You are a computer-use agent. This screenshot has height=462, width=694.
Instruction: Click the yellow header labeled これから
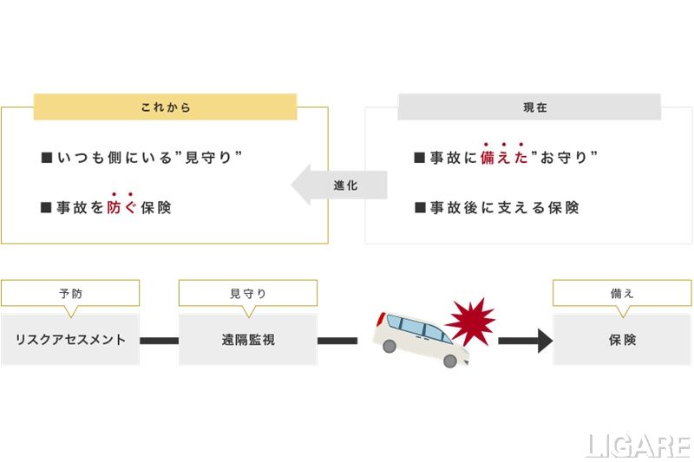[165, 107]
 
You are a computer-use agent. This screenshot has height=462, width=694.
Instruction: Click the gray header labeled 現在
[529, 107]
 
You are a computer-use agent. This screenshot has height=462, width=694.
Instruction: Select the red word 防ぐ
[121, 208]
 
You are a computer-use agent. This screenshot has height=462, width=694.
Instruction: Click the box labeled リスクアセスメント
[70, 340]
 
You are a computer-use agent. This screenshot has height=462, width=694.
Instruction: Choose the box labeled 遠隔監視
[248, 340]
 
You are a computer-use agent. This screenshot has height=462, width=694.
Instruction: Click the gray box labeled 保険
[622, 340]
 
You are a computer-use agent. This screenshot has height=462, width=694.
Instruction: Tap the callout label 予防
[70, 293]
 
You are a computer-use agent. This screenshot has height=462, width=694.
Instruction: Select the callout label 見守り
[248, 293]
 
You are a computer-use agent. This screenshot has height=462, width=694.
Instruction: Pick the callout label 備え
[622, 293]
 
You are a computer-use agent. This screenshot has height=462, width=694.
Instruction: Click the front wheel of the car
[448, 361]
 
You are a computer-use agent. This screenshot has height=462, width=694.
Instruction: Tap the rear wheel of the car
[390, 346]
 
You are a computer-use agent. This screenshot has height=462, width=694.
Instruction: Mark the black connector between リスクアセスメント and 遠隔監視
[159, 341]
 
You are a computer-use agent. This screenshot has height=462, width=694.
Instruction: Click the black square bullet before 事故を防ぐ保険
[47, 208]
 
